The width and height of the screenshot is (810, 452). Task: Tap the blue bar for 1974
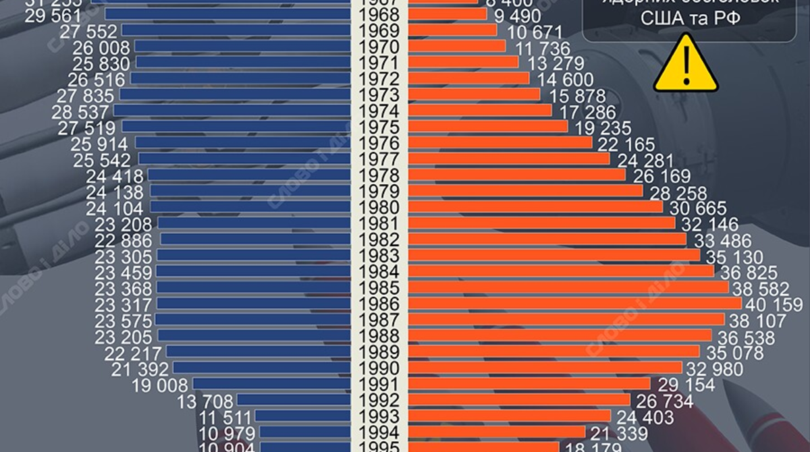(232, 111)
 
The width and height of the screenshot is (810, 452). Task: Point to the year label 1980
(379, 207)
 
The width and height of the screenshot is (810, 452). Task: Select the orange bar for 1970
(457, 47)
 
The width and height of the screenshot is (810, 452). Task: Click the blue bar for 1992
(294, 400)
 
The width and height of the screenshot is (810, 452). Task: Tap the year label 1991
(379, 385)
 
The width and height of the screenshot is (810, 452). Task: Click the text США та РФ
(686, 20)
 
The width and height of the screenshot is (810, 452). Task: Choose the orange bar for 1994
(497, 432)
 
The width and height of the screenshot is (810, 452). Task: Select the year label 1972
(379, 79)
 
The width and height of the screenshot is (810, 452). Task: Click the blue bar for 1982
(255, 239)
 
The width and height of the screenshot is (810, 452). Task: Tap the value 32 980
(714, 369)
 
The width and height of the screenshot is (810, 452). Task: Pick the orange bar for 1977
(509, 159)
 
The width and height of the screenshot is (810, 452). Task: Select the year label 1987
(379, 320)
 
